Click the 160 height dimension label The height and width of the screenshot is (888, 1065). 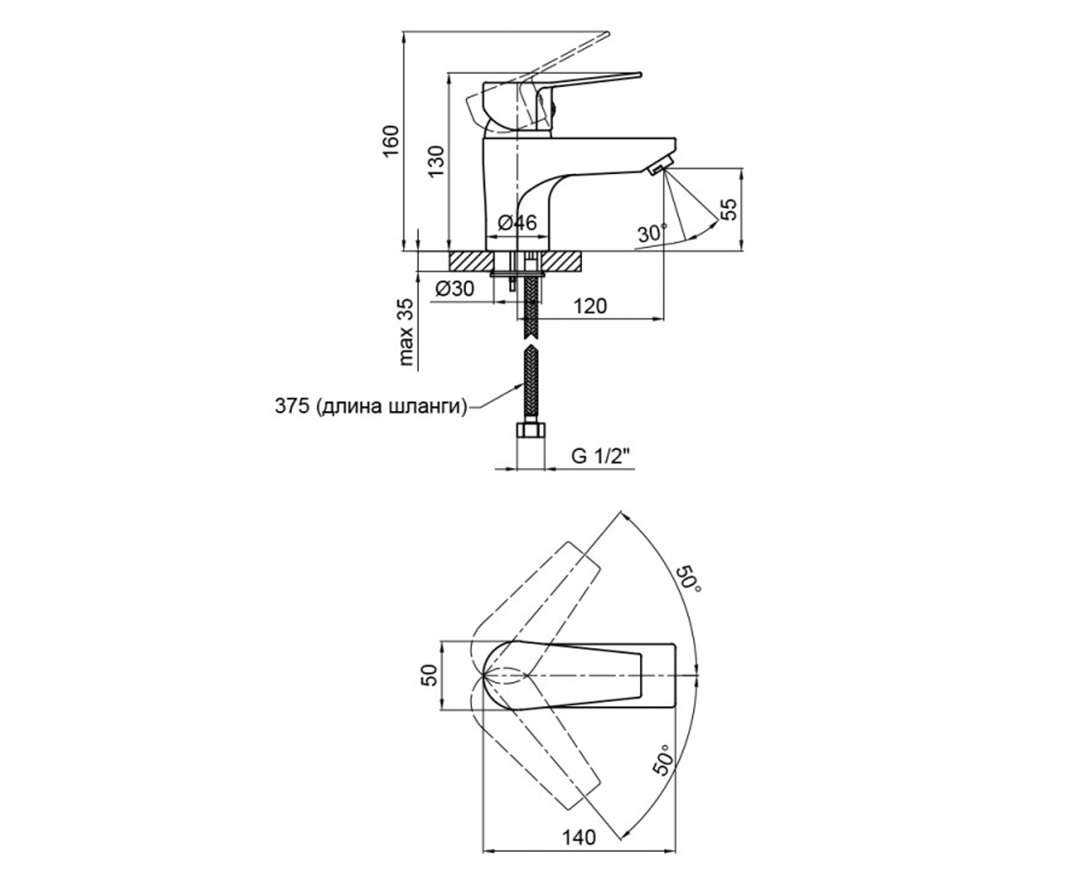click(x=390, y=140)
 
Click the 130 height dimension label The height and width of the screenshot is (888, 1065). click(x=436, y=162)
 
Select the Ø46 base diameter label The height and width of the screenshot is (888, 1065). click(x=517, y=223)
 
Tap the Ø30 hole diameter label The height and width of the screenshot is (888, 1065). click(x=454, y=289)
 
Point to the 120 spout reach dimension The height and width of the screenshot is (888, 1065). click(x=590, y=306)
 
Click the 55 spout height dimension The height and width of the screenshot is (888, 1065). click(x=730, y=210)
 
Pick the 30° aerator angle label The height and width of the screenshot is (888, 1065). click(x=652, y=234)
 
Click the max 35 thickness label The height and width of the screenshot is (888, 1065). click(x=406, y=332)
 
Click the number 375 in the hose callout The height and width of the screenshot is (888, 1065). click(x=292, y=406)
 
